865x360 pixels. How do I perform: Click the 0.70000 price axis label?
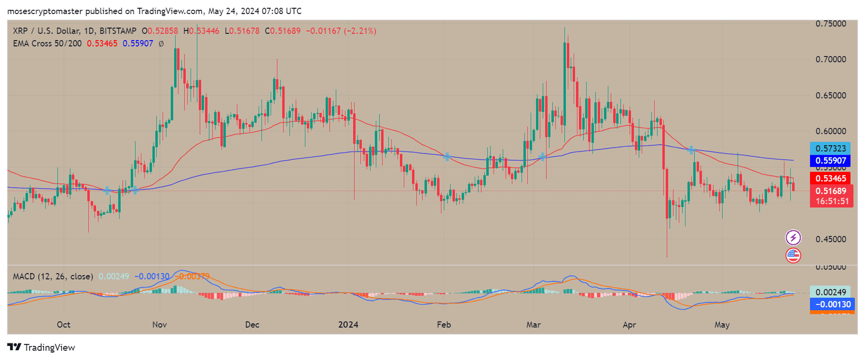point(830,59)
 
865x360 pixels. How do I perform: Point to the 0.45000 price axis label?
point(830,239)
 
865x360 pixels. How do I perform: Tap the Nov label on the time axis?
point(159,325)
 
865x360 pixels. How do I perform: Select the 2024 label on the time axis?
point(348,325)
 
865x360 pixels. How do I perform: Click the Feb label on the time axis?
point(443,325)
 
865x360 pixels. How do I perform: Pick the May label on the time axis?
point(722,325)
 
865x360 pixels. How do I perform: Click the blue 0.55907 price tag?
point(830,161)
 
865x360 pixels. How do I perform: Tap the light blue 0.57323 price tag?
point(830,148)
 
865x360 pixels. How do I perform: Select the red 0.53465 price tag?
point(830,178)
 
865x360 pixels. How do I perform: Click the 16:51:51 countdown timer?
point(832,201)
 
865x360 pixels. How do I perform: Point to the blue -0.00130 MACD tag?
point(832,304)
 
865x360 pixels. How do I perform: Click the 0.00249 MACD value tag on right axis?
point(830,292)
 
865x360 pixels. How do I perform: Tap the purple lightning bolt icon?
point(793,237)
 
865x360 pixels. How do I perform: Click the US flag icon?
point(793,255)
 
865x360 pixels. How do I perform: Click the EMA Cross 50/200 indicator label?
point(47,43)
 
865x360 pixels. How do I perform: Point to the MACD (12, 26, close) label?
point(53,277)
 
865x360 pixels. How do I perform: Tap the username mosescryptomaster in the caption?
point(45,11)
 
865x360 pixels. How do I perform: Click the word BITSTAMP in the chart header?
point(118,31)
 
